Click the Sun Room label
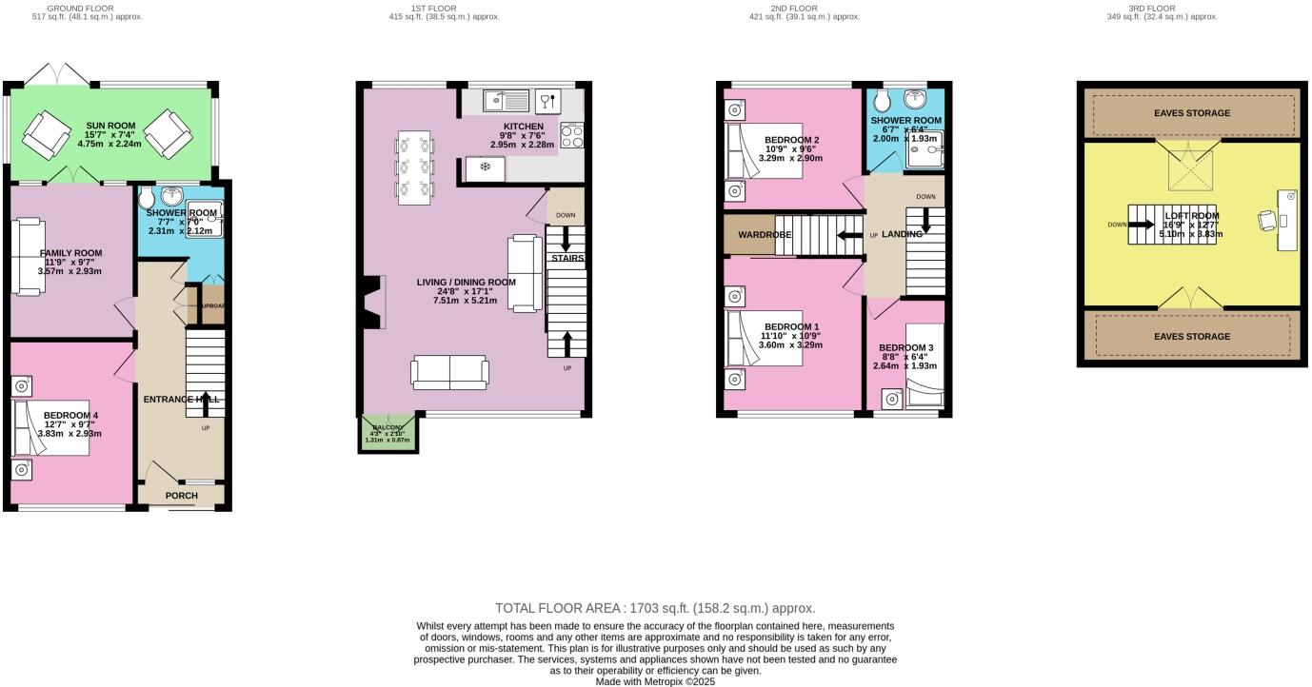click(x=110, y=126)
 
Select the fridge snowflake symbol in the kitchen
click(x=485, y=168)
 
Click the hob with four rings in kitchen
click(x=572, y=136)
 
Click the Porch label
click(x=181, y=496)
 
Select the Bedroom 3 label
click(x=905, y=347)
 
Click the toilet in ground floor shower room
click(x=147, y=199)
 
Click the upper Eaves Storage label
click(x=1192, y=113)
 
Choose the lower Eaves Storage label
click(x=1192, y=336)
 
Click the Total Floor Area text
click(x=655, y=608)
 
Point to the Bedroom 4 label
click(x=70, y=416)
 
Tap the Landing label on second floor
click(x=901, y=234)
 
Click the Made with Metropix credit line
click(x=655, y=681)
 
